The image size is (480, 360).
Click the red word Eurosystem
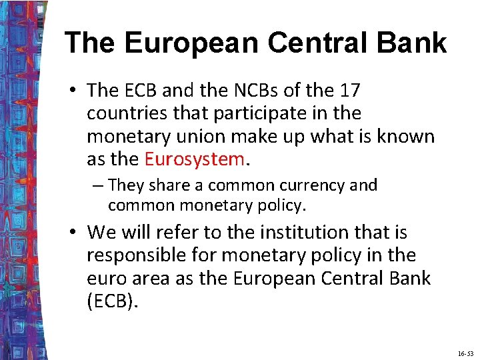[x=194, y=159]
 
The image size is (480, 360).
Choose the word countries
[x=127, y=113]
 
